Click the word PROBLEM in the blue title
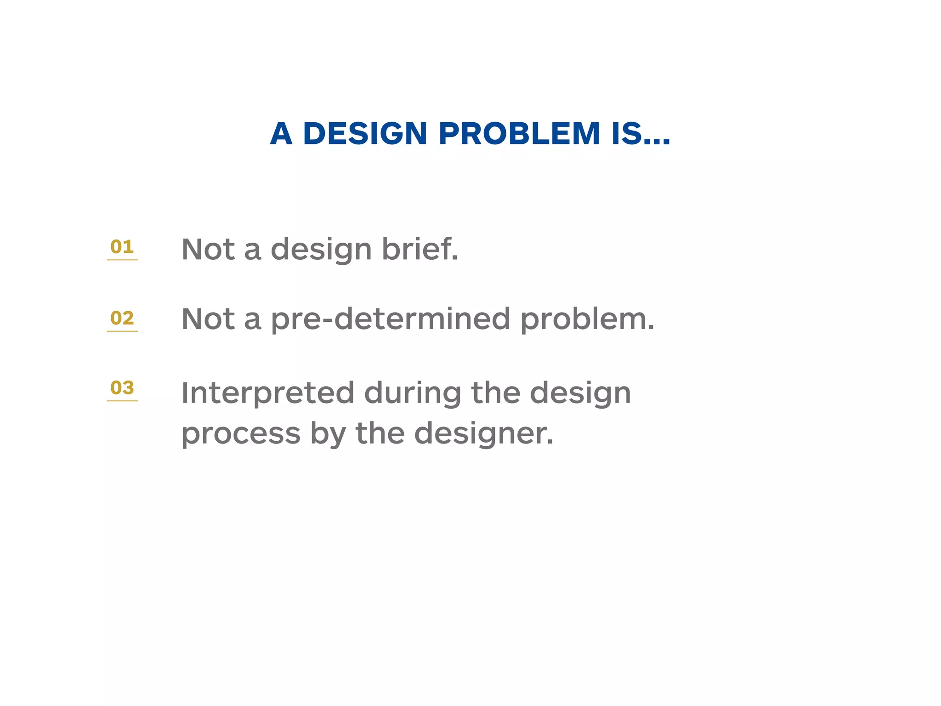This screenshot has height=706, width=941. point(519,134)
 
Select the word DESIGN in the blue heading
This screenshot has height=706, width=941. point(365,134)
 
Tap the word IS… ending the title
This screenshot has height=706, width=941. point(641,134)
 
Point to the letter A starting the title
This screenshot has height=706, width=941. point(281,134)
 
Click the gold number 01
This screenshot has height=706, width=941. point(122,247)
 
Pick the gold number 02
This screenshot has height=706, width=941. point(122,318)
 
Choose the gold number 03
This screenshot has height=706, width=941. point(122,387)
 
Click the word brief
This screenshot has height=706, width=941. point(420,249)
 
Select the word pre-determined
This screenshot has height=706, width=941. point(391,319)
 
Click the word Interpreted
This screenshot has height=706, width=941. point(268,393)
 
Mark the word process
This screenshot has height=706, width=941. point(241,434)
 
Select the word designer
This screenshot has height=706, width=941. point(483,434)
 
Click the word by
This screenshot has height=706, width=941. point(328,434)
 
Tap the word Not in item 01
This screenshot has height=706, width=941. point(208,249)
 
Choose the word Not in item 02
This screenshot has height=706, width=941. point(208,319)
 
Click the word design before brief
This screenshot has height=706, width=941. point(321,250)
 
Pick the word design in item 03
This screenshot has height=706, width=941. point(580,394)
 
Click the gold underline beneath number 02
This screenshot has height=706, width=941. point(122,331)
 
